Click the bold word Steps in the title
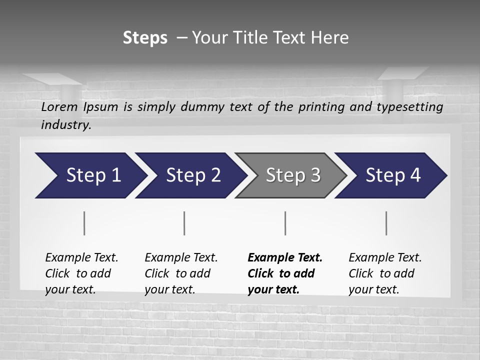pyautogui.click(x=145, y=38)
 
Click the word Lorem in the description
pyautogui.click(x=59, y=106)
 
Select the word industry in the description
pyautogui.click(x=66, y=125)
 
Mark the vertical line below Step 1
pyautogui.click(x=84, y=223)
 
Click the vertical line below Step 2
pyautogui.click(x=184, y=223)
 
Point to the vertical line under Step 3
pyautogui.click(x=285, y=223)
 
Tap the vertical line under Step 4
pyautogui.click(x=386, y=223)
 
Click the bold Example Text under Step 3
pyautogui.click(x=285, y=257)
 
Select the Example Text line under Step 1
pyautogui.click(x=81, y=257)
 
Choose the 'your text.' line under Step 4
pyautogui.click(x=373, y=289)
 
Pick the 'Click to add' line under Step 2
pyautogui.click(x=177, y=273)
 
